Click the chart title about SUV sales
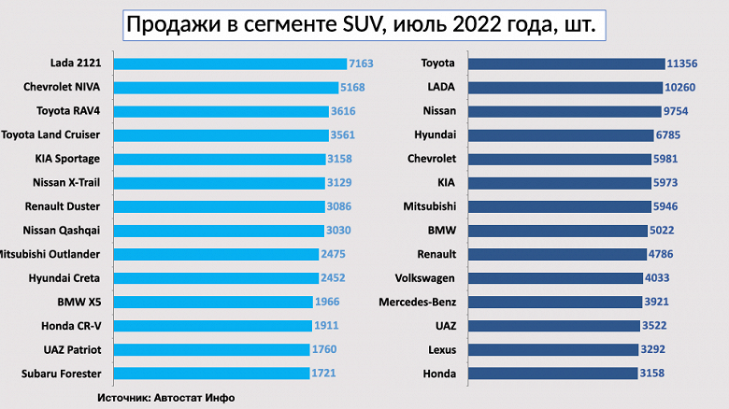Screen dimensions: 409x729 point(364,24)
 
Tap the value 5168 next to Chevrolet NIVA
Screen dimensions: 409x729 point(353,88)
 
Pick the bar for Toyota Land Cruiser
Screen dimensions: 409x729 point(223,135)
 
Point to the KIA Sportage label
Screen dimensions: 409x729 point(74,159)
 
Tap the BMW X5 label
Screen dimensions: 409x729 point(85,302)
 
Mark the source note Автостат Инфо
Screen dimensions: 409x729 point(166,398)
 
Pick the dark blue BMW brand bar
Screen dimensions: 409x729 point(557,230)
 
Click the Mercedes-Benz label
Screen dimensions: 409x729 point(418,302)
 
